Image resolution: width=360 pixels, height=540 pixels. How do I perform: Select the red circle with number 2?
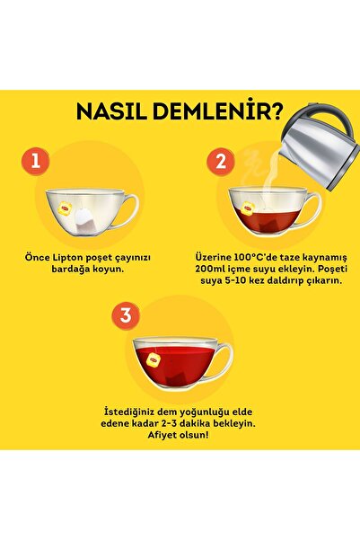click(x=219, y=163)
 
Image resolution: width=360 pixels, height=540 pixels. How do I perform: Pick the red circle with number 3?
click(x=127, y=315)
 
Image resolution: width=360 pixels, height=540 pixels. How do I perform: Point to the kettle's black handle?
click(x=337, y=126)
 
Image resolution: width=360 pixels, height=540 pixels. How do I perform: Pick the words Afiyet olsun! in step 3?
click(x=180, y=435)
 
